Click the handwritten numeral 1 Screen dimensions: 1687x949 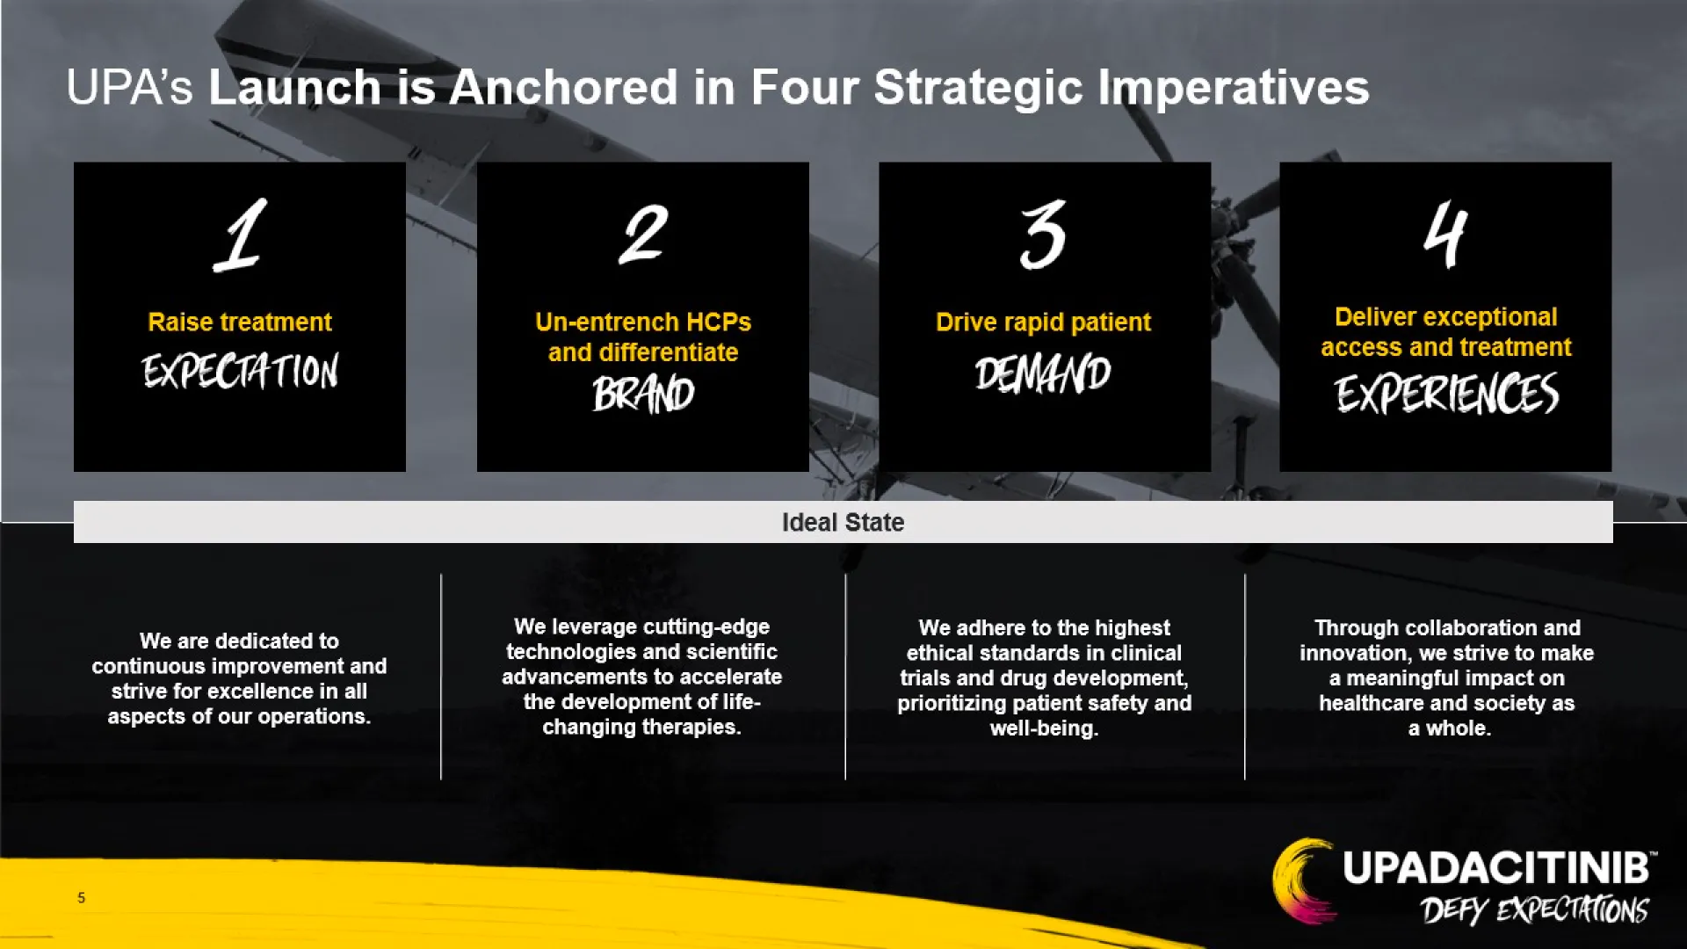click(241, 235)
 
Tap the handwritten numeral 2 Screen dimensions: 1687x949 click(643, 234)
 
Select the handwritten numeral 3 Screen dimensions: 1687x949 click(1043, 235)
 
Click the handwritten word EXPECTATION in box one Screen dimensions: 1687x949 click(240, 372)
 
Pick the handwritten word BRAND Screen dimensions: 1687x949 click(643, 394)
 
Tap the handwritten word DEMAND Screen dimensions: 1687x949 click(1043, 373)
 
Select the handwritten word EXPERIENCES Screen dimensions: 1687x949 click(1446, 393)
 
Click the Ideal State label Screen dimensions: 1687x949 click(843, 523)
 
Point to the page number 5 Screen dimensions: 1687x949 click(81, 898)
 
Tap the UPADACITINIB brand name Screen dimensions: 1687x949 click(1495, 868)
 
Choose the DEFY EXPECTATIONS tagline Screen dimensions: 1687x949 click(1534, 910)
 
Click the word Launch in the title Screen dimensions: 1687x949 click(294, 88)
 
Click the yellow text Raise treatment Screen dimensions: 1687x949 click(240, 322)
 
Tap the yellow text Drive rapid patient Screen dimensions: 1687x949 click(1043, 322)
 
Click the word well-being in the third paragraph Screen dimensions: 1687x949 click(1044, 728)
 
